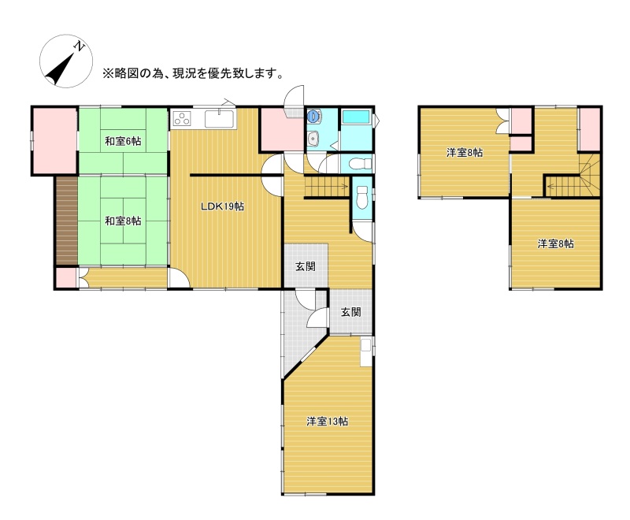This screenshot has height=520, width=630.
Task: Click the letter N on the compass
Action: click(80, 46)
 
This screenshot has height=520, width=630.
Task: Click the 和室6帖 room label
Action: click(123, 141)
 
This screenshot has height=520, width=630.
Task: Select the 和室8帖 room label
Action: click(123, 221)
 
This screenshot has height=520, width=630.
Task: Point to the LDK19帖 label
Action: click(223, 206)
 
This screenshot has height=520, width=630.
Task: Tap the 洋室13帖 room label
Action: click(327, 422)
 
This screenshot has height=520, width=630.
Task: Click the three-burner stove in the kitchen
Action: click(182, 118)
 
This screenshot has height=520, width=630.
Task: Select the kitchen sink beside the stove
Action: click(220, 119)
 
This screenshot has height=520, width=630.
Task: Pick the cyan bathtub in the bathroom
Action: click(356, 117)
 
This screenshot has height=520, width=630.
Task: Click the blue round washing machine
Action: click(313, 117)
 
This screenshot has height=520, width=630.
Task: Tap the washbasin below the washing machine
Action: click(313, 139)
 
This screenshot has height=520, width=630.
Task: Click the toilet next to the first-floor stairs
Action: click(362, 197)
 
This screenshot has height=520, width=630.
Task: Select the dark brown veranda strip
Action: click(67, 221)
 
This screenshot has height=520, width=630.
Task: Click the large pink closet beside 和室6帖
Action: click(54, 141)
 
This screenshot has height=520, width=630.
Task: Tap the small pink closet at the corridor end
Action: click(65, 277)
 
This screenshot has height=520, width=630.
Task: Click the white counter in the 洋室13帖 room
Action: click(366, 352)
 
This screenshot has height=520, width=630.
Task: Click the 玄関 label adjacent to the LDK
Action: click(306, 266)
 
